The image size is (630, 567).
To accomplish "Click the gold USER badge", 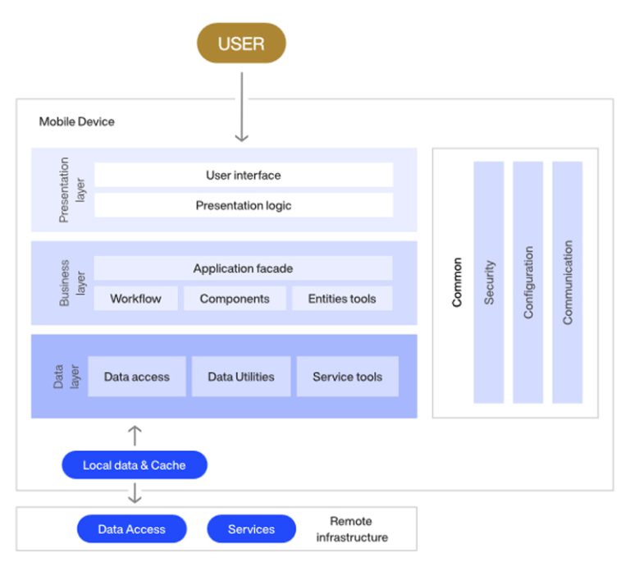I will (241, 43).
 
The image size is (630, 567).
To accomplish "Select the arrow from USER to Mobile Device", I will (241, 107).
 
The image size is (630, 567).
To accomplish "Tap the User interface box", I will (243, 175).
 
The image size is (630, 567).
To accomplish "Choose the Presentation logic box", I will (243, 205).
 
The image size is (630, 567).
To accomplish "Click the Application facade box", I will (243, 268).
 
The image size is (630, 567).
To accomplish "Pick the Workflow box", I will (135, 299).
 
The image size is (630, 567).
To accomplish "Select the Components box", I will (235, 299).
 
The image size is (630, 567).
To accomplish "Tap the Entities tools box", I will (342, 299).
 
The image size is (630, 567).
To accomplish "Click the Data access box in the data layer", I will (137, 377).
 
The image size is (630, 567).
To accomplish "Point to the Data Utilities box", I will (241, 377).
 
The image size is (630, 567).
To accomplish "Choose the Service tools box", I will (347, 377).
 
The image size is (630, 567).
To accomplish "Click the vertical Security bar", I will (489, 282).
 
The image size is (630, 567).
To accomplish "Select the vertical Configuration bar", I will (528, 282).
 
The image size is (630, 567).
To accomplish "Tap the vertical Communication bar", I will (568, 282).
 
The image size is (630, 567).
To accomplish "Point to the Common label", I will (457, 282).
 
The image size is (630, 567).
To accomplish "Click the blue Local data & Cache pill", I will (135, 465).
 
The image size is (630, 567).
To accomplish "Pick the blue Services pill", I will (251, 529).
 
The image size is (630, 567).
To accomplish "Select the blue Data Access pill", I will (132, 529).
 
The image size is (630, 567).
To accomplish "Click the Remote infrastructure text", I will (351, 529).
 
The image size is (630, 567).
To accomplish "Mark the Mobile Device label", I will (77, 121).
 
